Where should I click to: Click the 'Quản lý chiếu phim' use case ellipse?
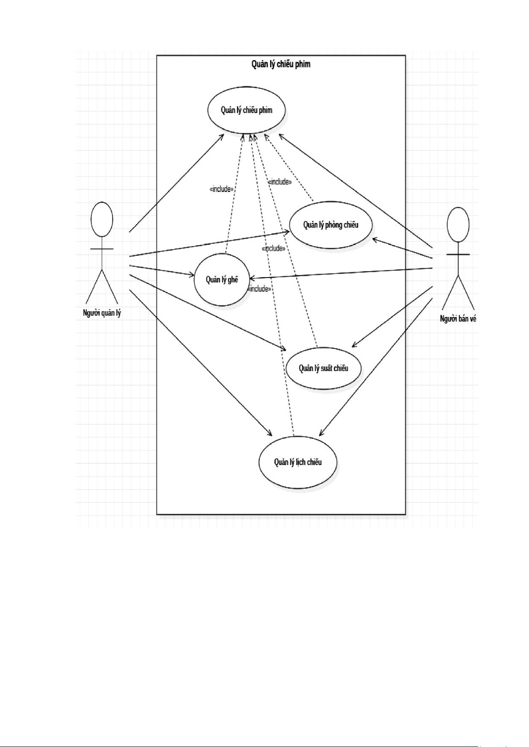(x=246, y=110)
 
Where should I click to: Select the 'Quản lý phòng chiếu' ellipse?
(x=331, y=225)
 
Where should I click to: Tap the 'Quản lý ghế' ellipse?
(x=222, y=279)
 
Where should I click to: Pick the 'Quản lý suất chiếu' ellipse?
(x=324, y=368)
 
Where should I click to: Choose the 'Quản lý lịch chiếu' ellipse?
(x=298, y=462)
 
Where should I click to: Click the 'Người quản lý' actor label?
(x=102, y=313)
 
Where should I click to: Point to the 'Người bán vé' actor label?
(x=458, y=318)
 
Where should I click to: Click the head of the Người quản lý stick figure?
(x=102, y=219)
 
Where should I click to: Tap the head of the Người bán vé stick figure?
(x=458, y=225)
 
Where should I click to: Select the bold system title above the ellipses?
(x=281, y=64)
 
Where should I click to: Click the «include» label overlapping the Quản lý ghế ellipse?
(x=259, y=289)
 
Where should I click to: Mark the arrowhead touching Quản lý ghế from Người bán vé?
(x=252, y=278)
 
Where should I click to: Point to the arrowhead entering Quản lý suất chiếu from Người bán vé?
(x=354, y=345)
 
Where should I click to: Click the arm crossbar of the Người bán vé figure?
(x=458, y=254)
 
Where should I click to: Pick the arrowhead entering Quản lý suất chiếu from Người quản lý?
(x=283, y=348)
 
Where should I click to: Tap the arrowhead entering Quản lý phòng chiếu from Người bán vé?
(x=375, y=240)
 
